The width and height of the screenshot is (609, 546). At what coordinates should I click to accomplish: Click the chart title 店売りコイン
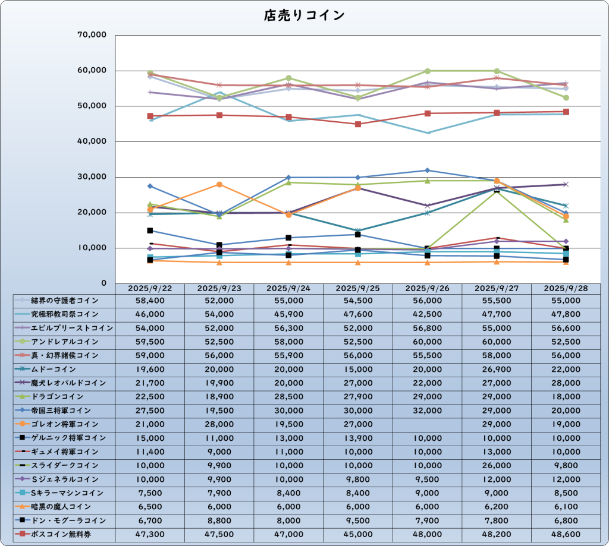(x=304, y=15)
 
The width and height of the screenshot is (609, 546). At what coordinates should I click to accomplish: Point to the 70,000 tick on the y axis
(x=92, y=35)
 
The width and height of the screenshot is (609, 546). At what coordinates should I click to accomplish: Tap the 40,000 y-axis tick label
(x=92, y=141)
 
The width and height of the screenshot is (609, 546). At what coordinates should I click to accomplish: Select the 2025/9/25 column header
(x=358, y=288)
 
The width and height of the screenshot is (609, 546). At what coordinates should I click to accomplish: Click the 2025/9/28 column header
(x=566, y=288)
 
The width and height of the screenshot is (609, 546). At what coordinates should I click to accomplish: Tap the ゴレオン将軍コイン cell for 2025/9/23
(x=219, y=424)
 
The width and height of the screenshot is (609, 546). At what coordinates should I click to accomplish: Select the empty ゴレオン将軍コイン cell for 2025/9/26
(x=427, y=424)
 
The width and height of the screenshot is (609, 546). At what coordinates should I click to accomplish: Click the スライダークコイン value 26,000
(x=497, y=465)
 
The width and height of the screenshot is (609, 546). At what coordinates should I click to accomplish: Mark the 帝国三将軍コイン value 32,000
(x=427, y=411)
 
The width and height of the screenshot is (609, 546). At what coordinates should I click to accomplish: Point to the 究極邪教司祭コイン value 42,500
(x=427, y=314)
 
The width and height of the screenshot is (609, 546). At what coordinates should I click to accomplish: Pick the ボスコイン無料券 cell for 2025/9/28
(x=566, y=534)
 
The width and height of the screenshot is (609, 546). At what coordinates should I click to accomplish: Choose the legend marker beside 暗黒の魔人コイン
(x=22, y=507)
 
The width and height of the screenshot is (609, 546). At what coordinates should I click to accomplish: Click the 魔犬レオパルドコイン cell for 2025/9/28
(x=566, y=383)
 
